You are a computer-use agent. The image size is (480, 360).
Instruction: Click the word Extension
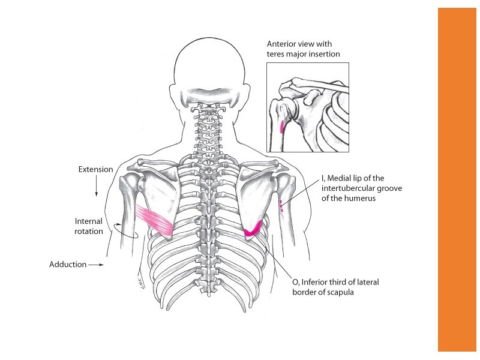(x=95, y=169)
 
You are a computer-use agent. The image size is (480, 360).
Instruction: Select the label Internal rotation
(x=89, y=226)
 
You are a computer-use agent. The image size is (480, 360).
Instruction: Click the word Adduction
(x=68, y=264)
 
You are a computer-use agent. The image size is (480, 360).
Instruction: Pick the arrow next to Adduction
(x=96, y=264)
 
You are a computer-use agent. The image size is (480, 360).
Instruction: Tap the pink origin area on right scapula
(x=254, y=229)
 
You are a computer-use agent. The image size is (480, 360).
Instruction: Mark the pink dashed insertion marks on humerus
(x=280, y=205)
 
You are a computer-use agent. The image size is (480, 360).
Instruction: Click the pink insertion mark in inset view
(x=282, y=126)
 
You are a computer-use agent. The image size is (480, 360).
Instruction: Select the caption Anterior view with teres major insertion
(x=304, y=49)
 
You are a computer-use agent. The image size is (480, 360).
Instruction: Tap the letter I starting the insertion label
(x=323, y=178)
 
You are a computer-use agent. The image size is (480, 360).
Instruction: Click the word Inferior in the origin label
(x=316, y=281)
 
